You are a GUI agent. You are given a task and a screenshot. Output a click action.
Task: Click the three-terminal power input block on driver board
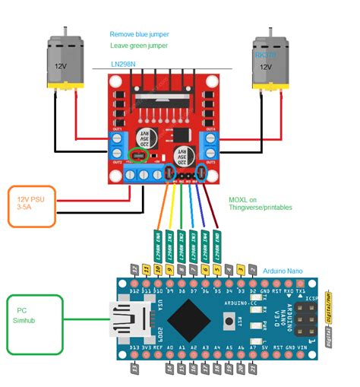pos(142,174)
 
